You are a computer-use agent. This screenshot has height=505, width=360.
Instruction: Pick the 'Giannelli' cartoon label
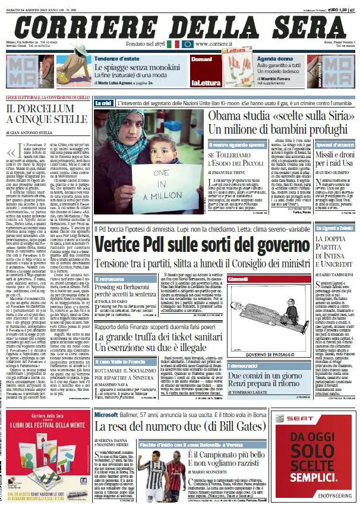pyautogui.click(x=238, y=295)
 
